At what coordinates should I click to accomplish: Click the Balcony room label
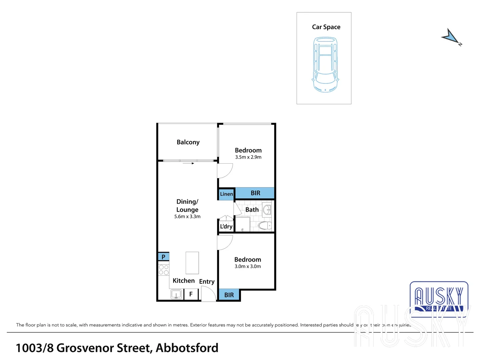pyautogui.click(x=188, y=142)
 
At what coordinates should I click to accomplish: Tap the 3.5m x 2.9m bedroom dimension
pyautogui.click(x=248, y=157)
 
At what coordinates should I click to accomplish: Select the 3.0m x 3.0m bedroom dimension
pyautogui.click(x=248, y=267)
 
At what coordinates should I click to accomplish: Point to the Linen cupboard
pyautogui.click(x=226, y=194)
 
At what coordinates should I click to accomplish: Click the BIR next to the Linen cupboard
pyautogui.click(x=255, y=193)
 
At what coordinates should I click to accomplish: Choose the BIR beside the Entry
pyautogui.click(x=229, y=295)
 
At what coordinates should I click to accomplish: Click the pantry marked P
pyautogui.click(x=163, y=257)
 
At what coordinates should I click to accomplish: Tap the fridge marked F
pyautogui.click(x=191, y=294)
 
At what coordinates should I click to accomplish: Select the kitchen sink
pyautogui.click(x=176, y=295)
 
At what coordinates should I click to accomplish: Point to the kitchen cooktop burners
pyautogui.click(x=164, y=270)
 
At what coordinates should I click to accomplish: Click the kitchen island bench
pyautogui.click(x=192, y=263)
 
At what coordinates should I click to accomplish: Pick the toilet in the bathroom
pyautogui.click(x=266, y=226)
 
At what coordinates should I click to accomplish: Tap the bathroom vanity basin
pyautogui.click(x=267, y=210)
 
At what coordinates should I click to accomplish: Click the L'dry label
pyautogui.click(x=226, y=227)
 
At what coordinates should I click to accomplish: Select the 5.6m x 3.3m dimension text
pyautogui.click(x=187, y=217)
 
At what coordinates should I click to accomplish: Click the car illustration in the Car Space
pyautogui.click(x=325, y=65)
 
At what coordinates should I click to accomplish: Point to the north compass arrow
pyautogui.click(x=451, y=37)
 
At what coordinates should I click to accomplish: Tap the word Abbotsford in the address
pyautogui.click(x=187, y=348)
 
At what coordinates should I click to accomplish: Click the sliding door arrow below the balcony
pyautogui.click(x=188, y=163)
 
